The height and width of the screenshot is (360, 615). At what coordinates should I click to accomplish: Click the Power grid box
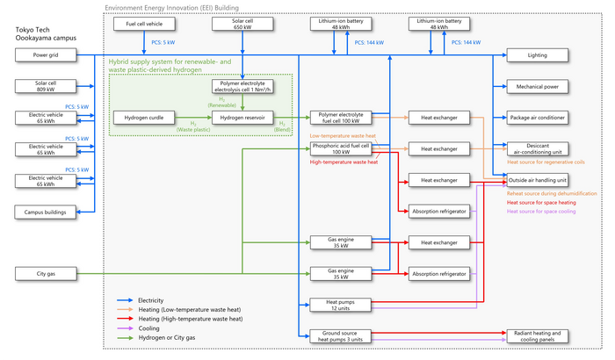point(45,55)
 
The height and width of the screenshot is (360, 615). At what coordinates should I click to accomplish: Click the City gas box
point(45,272)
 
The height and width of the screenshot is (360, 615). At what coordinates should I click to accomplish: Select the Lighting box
point(537,55)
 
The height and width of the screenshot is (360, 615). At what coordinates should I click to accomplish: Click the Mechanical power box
point(537,86)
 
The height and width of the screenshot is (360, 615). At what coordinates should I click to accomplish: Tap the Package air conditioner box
point(537,117)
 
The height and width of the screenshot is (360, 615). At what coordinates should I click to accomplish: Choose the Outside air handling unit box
point(537,180)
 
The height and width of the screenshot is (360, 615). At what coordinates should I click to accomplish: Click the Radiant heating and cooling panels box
point(537,336)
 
